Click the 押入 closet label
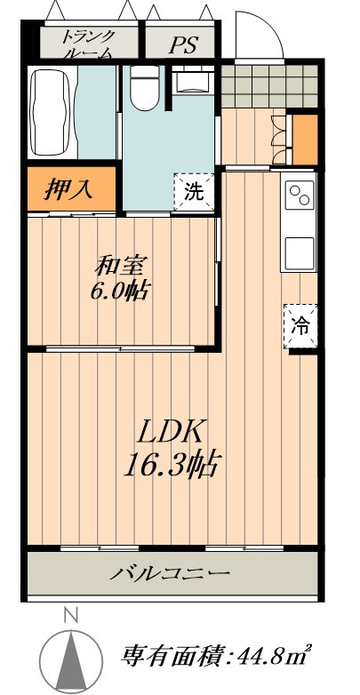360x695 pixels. [68, 189]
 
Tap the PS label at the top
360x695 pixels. [184, 44]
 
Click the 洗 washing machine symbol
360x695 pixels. [194, 192]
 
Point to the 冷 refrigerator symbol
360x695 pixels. [300, 326]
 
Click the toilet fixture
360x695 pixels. [145, 88]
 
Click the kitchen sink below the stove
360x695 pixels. [300, 253]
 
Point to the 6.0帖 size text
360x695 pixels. [120, 292]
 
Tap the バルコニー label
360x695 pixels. [171, 573]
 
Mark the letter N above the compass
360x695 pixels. [70, 615]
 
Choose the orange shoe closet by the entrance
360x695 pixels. [305, 140]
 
